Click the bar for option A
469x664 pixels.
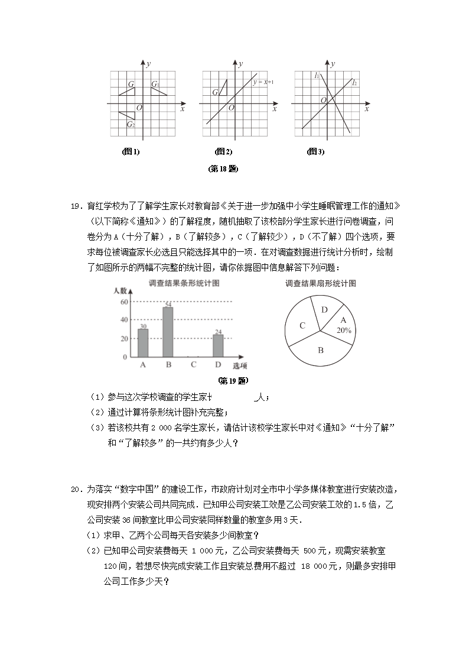click(143, 343)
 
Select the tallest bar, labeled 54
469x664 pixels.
click(168, 332)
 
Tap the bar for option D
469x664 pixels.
click(218, 346)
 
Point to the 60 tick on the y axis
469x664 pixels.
click(124, 302)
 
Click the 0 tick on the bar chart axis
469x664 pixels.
click(125, 358)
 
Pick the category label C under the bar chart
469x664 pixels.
click(193, 365)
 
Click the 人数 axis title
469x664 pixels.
click(120, 291)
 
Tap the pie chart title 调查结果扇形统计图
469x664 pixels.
click(320, 283)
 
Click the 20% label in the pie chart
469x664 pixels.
click(344, 331)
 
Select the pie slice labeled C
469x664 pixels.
click(302, 325)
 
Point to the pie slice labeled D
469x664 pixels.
click(324, 310)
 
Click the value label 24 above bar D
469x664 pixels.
click(218, 332)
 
